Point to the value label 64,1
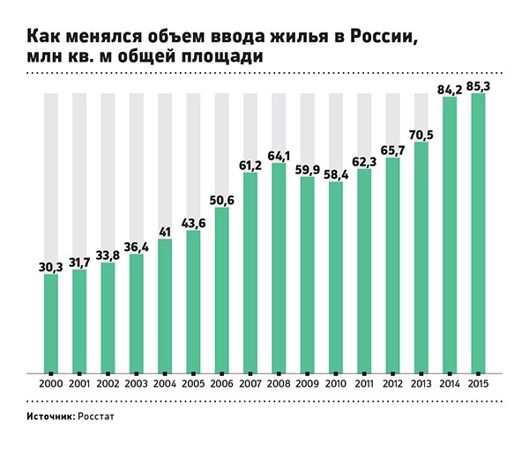pyautogui.click(x=279, y=156)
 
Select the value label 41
pyautogui.click(x=165, y=232)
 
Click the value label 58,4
pyautogui.click(x=335, y=174)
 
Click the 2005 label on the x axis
pyautogui.click(x=193, y=385)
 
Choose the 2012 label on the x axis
pyautogui.click(x=392, y=385)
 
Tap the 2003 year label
pyautogui.click(x=136, y=385)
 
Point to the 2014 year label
pyautogui.click(x=450, y=385)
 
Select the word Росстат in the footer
pyautogui.click(x=96, y=413)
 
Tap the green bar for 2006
pyautogui.click(x=221, y=291)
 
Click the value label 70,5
pyautogui.click(x=421, y=135)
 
